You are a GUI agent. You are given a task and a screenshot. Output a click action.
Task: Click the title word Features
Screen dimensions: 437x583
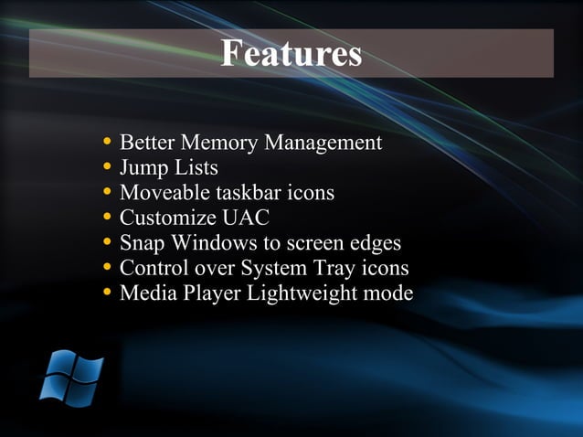tap(291, 54)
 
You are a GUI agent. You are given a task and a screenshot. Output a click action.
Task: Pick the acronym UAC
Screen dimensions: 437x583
tap(246, 218)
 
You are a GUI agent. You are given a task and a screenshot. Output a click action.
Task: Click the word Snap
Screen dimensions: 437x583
tap(141, 244)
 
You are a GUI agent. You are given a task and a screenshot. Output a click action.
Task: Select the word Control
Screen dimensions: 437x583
tap(153, 269)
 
